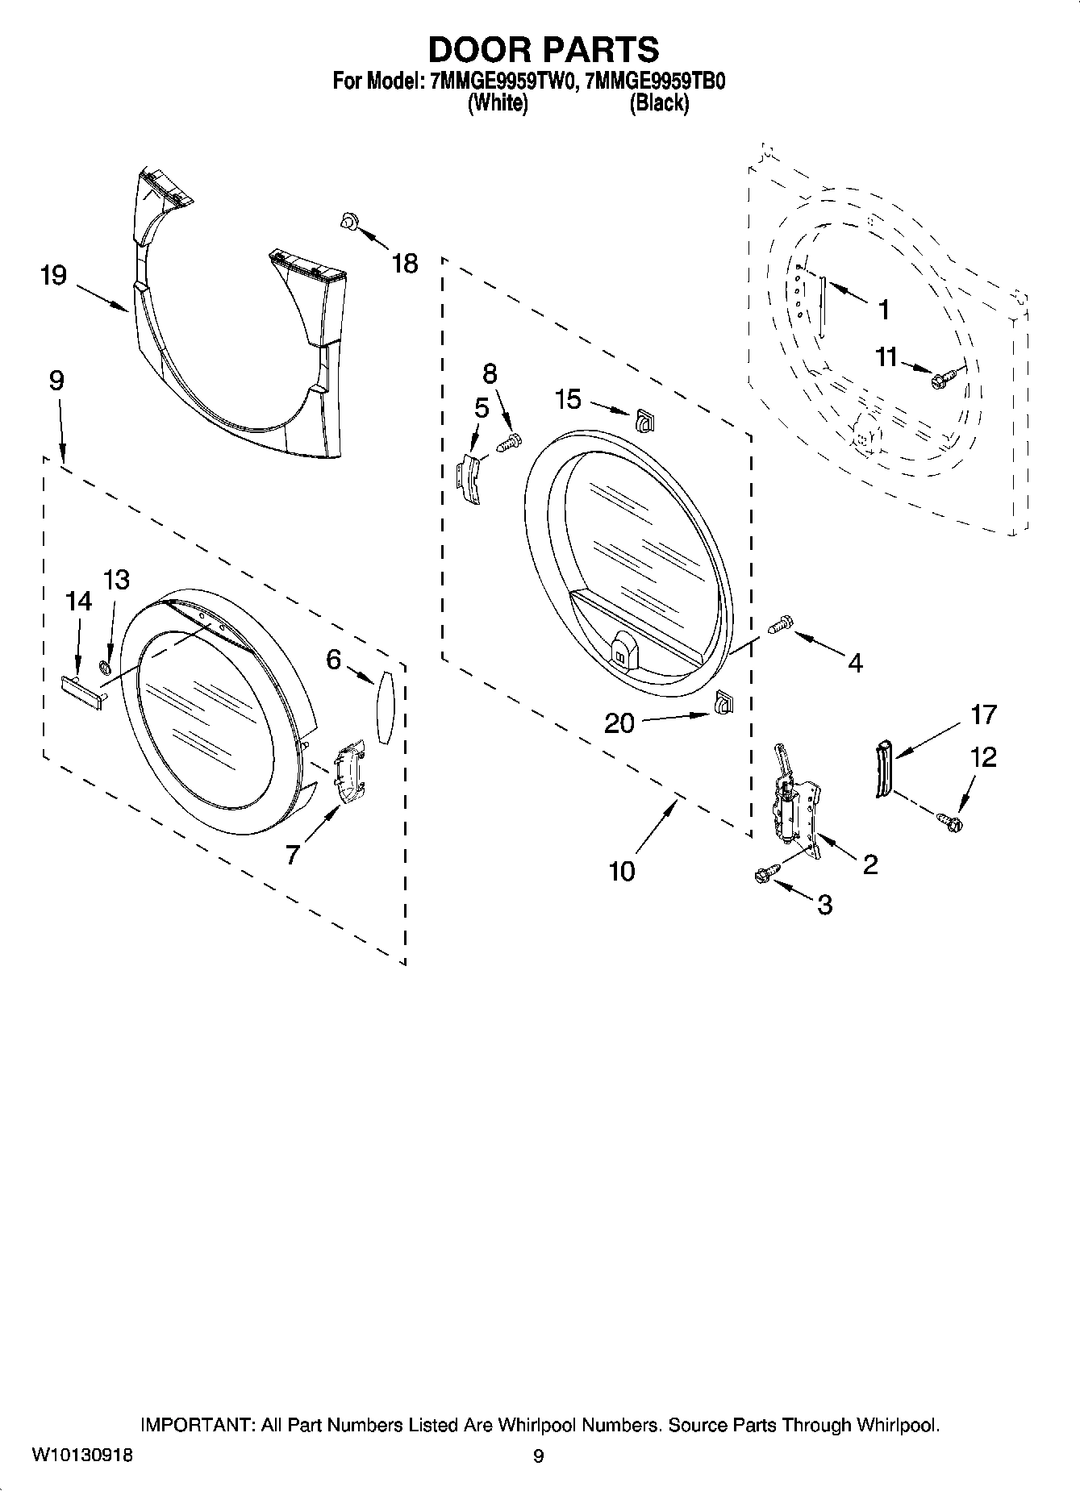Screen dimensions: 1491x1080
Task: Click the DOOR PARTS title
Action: tap(542, 50)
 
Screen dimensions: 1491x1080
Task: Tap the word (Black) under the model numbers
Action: tap(659, 103)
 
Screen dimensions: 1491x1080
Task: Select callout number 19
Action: tap(53, 276)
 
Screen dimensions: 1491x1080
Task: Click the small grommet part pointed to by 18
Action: tap(348, 220)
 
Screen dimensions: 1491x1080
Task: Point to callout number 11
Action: tap(886, 356)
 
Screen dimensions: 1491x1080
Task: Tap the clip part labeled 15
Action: tap(644, 419)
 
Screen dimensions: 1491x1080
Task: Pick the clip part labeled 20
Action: tap(722, 703)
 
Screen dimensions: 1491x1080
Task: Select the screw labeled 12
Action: tap(950, 822)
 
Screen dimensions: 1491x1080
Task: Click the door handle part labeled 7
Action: tap(348, 773)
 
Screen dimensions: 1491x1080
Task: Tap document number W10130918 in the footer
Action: tap(82, 1456)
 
